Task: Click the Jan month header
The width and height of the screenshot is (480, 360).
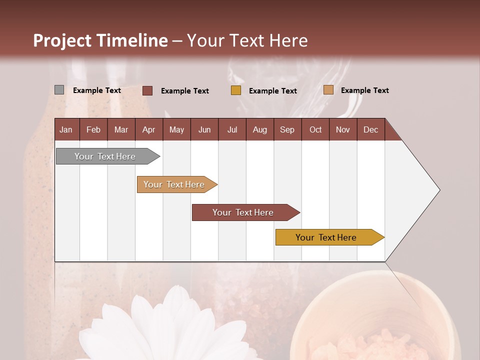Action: pyautogui.click(x=66, y=129)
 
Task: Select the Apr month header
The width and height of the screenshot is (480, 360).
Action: pyautogui.click(x=148, y=129)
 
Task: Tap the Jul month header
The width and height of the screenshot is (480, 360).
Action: pyautogui.click(x=232, y=129)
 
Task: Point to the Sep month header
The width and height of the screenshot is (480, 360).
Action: pyautogui.click(x=287, y=129)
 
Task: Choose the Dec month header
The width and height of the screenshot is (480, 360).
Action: pyautogui.click(x=370, y=129)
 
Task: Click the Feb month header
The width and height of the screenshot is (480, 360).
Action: pyautogui.click(x=93, y=129)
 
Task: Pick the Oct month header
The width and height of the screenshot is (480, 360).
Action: pyautogui.click(x=315, y=129)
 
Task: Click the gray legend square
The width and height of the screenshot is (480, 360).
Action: pyautogui.click(x=59, y=90)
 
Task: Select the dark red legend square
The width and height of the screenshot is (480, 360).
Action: pyautogui.click(x=147, y=90)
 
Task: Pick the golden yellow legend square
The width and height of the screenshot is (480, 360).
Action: pyautogui.click(x=236, y=90)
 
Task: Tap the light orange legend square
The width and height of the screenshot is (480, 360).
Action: pyautogui.click(x=328, y=90)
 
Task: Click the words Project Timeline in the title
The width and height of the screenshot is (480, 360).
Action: pyautogui.click(x=100, y=40)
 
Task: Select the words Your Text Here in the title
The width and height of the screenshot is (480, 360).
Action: pyautogui.click(x=247, y=40)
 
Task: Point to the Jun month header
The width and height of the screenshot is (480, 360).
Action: pyautogui.click(x=204, y=129)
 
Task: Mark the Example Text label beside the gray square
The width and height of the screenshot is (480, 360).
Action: pyautogui.click(x=97, y=90)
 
